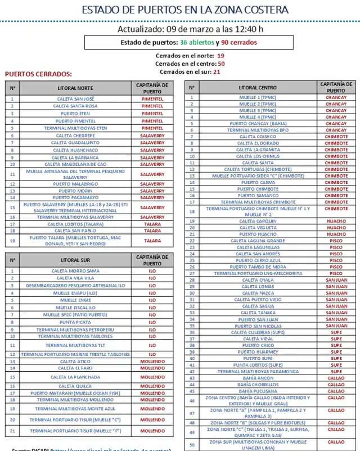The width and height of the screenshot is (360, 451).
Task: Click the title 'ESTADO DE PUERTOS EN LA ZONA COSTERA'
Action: pyautogui.click(x=185, y=10)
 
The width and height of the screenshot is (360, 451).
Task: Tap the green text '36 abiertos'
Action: pyautogui.click(x=197, y=42)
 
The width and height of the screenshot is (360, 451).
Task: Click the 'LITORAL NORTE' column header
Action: pyautogui.click(x=75, y=88)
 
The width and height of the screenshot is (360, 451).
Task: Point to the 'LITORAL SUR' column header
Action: pyautogui.click(x=75, y=260)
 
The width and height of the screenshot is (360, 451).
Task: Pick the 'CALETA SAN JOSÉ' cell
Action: pyautogui.click(x=75, y=99)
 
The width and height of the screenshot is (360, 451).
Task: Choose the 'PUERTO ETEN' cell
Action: pyautogui.click(x=75, y=114)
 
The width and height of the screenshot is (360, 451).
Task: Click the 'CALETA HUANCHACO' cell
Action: pyautogui.click(x=75, y=151)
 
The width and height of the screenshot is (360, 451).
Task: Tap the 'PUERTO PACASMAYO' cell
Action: pyautogui.click(x=75, y=198)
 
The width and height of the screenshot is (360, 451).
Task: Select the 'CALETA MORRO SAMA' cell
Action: pyautogui.click(x=75, y=271)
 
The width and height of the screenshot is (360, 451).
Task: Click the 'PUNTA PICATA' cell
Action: pyautogui.click(x=75, y=322)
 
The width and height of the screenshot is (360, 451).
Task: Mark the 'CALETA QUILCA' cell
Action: pyautogui.click(x=75, y=386)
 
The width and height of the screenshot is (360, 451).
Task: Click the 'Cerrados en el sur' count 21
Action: pyautogui.click(x=217, y=72)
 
